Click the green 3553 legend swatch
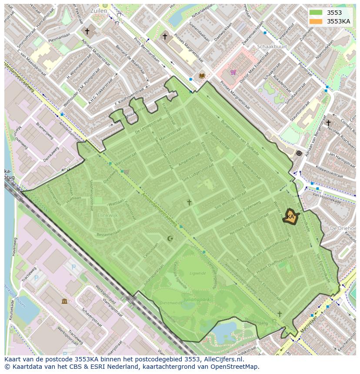click(316, 13)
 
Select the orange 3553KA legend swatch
click(316, 21)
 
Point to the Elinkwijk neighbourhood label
click(108, 215)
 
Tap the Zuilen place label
click(98, 10)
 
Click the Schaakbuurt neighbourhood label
click(272, 46)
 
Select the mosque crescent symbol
click(170, 238)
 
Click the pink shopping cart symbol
click(233, 72)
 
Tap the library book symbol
click(201, 76)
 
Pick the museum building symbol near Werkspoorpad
click(64, 301)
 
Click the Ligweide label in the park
click(197, 273)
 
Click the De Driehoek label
click(343, 228)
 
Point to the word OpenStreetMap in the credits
click(235, 367)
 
